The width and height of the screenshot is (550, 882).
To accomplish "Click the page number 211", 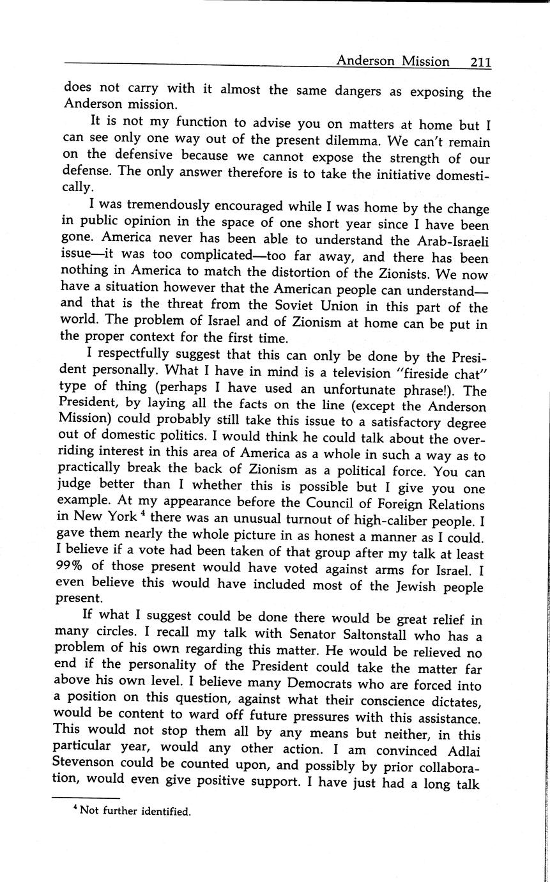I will pyautogui.click(x=480, y=62).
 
